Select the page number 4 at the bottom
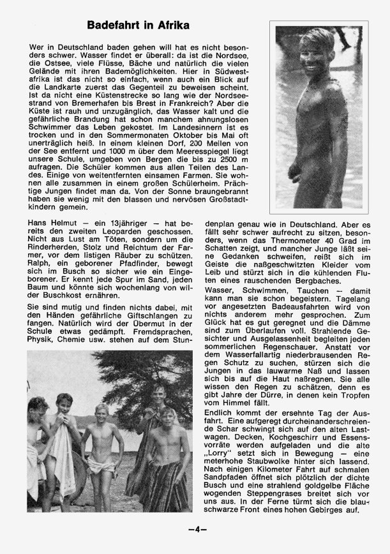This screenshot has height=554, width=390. pyautogui.click(x=195, y=528)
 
